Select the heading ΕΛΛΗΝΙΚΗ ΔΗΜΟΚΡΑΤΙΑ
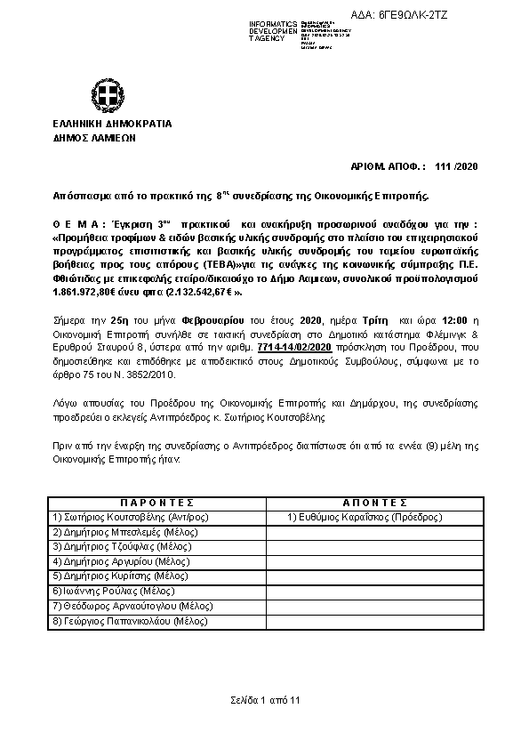111,125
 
